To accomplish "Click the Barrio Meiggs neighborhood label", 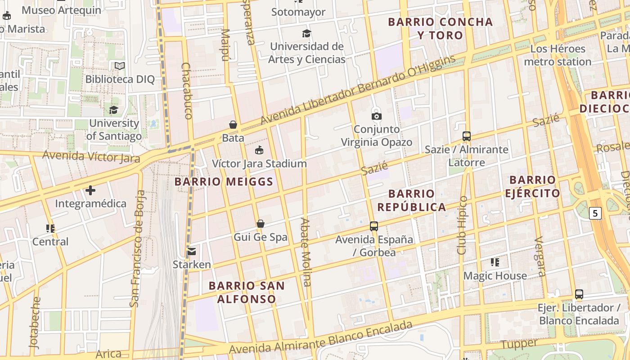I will point(224,182).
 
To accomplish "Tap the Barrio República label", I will point(411,200).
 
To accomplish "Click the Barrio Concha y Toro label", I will point(440,28).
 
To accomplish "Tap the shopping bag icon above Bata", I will point(233,125).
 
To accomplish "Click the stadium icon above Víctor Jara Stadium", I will point(259,150).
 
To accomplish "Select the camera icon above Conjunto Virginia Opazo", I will point(377,116).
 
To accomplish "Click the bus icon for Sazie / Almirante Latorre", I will point(467,136).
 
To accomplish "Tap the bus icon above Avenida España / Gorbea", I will point(374,226).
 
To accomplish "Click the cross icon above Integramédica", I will point(90,190).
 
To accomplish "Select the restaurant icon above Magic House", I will point(495,262).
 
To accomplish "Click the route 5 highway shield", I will point(595,213).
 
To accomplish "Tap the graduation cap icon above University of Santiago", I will point(113,110).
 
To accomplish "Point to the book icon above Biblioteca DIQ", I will point(120,66).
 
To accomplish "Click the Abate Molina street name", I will point(306,252).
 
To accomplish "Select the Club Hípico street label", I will point(463,225).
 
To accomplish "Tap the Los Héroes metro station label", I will point(558,55).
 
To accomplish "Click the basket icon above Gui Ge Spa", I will point(260,224).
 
